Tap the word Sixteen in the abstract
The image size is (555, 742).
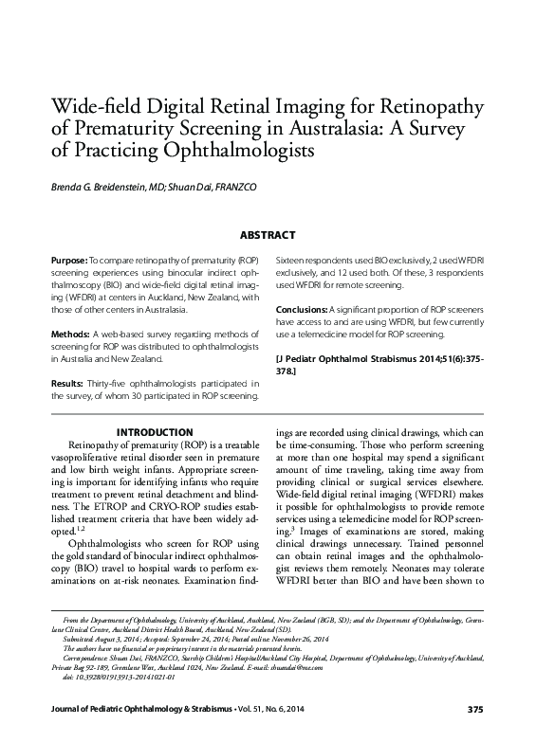[291, 258]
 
